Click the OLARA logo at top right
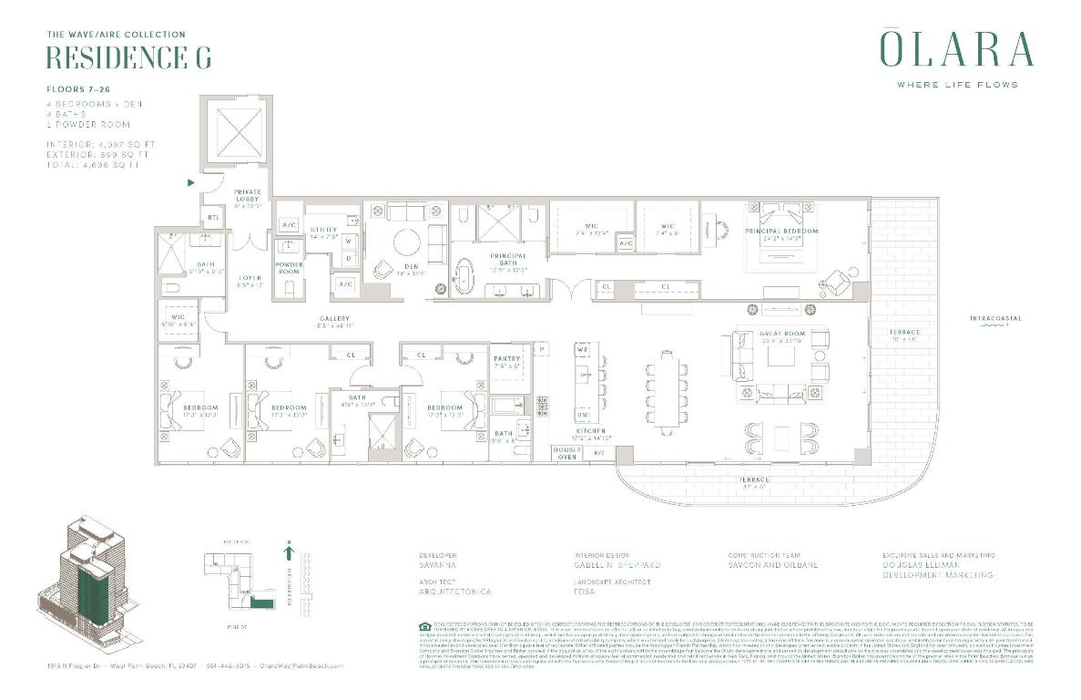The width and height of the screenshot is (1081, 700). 956,49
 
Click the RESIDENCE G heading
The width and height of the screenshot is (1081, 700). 128,57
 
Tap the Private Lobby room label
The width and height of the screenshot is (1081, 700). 248,196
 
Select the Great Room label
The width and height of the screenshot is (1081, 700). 782,335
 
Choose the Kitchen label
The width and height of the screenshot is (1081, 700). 592,431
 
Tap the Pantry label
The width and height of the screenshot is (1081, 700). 505,359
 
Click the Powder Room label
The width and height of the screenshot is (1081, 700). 289,268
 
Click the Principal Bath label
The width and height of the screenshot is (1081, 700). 508,260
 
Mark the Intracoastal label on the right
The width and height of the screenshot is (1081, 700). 994,318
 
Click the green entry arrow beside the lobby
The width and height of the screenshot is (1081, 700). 190,182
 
